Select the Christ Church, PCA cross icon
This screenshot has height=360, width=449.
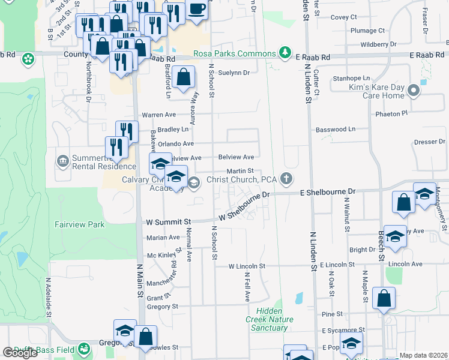pos(288,178)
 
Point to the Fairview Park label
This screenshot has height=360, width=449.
pos(79,225)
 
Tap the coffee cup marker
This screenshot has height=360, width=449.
pos(197,9)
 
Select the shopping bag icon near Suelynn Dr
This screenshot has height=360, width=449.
pos(184,77)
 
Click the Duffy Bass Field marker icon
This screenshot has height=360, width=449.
pos(85,348)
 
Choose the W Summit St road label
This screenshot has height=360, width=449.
pos(168,222)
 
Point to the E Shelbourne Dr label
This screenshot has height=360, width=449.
pos(327,192)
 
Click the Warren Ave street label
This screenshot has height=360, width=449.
pos(159,115)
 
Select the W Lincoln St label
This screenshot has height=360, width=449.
pos(246,266)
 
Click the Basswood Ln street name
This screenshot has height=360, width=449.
pos(336,129)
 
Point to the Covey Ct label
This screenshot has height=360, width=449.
pos(344,17)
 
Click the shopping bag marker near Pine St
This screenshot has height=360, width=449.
pos(384,298)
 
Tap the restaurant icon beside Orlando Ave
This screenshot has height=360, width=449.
pos(116,148)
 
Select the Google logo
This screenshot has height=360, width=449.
pos(20,353)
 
